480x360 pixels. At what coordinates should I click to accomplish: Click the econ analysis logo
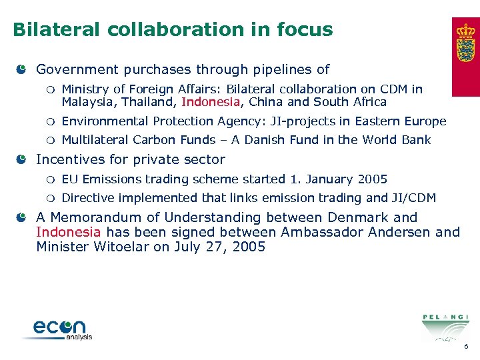click(x=60, y=329)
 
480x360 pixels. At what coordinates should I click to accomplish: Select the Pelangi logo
click(x=445, y=326)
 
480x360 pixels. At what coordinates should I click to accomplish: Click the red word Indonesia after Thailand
click(x=210, y=103)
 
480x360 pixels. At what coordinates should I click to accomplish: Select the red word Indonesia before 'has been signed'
click(x=69, y=232)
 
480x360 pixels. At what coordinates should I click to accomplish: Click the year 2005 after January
click(x=372, y=179)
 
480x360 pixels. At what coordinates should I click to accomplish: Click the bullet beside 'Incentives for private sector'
click(x=22, y=160)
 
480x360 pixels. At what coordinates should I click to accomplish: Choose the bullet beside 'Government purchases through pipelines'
click(x=22, y=69)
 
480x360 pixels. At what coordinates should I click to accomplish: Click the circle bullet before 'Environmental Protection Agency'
click(x=49, y=121)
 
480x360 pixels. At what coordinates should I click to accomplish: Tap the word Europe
click(x=425, y=121)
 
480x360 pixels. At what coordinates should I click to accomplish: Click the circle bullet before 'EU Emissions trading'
click(x=49, y=179)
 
